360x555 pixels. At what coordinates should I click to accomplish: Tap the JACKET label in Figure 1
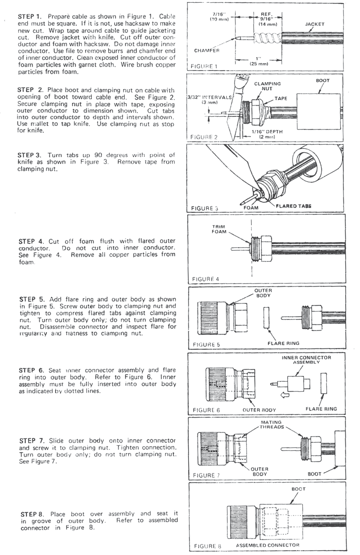tap(314, 24)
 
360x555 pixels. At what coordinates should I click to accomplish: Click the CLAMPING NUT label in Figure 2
tap(265, 87)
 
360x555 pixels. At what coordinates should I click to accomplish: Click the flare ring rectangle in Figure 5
tap(266, 318)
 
